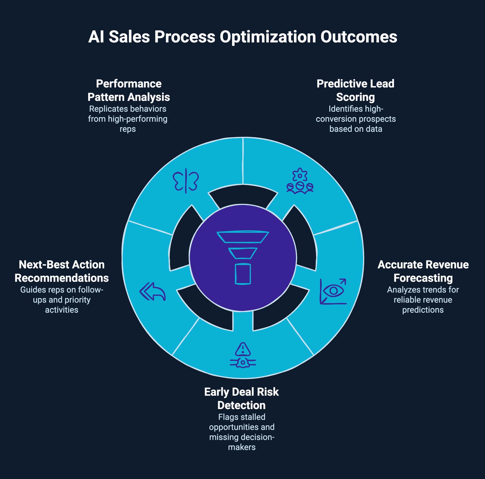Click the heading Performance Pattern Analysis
(129, 90)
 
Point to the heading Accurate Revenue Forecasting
(423, 271)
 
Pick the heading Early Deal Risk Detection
(242, 398)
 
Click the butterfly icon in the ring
(186, 181)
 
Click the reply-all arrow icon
(152, 291)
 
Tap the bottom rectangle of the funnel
(243, 274)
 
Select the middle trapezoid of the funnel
(243, 253)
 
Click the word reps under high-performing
(128, 129)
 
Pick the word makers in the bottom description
(242, 447)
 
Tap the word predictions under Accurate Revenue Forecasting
(423, 310)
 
